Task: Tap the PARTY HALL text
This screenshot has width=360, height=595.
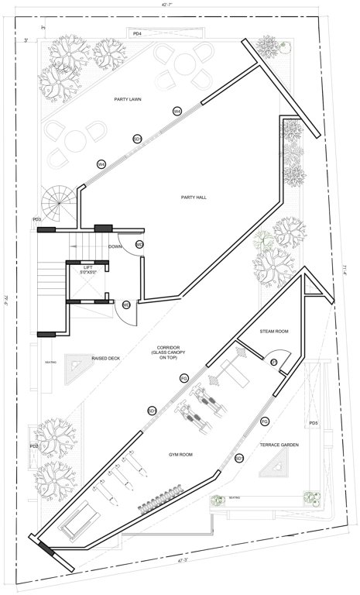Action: click(194, 198)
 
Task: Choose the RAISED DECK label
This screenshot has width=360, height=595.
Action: click(105, 359)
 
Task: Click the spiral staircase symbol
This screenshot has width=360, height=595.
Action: click(60, 204)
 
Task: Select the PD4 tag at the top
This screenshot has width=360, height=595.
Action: click(137, 35)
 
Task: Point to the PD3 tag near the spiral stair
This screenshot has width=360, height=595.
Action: click(36, 220)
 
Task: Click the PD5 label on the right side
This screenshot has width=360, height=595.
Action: click(314, 423)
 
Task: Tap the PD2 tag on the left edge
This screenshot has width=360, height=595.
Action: click(34, 446)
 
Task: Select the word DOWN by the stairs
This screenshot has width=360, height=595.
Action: click(115, 246)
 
